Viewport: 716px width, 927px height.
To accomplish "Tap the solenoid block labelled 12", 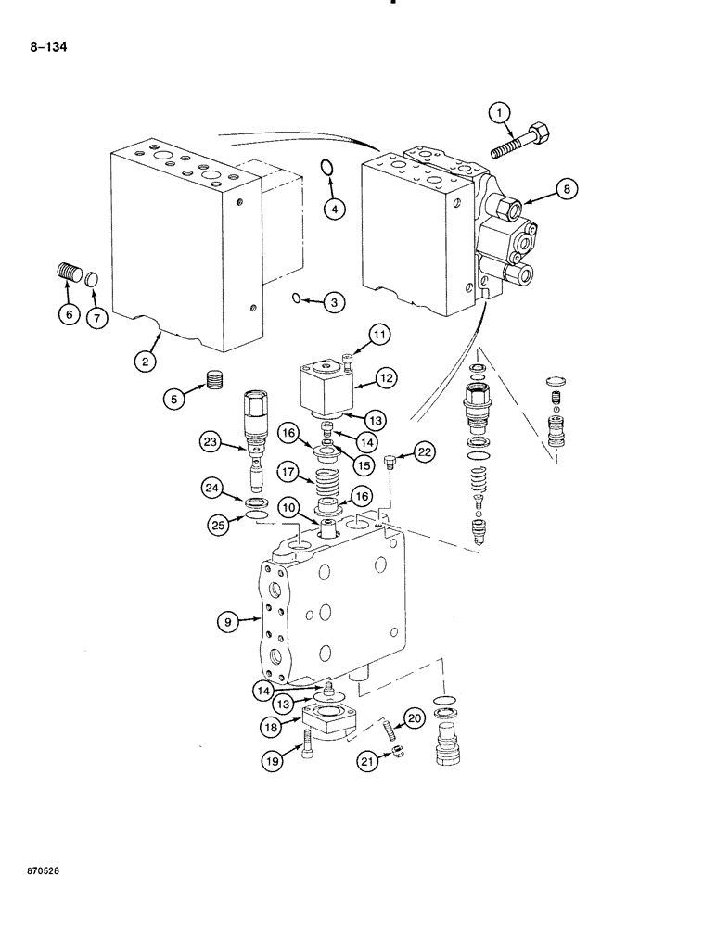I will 324,390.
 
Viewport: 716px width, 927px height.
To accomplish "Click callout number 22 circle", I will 425,451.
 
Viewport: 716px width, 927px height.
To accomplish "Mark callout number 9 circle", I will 226,624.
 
